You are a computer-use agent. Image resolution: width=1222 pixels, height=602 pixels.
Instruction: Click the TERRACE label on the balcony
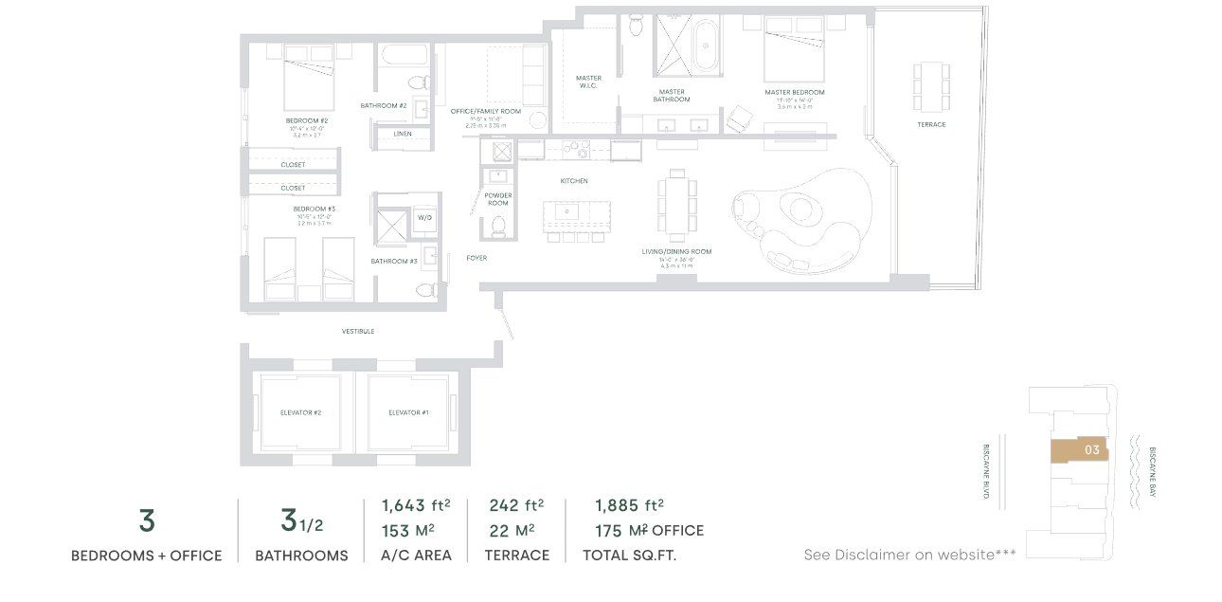click(930, 124)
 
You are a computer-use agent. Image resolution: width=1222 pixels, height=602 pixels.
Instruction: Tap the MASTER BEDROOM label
click(794, 92)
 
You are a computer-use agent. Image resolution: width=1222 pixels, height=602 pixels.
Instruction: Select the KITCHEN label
click(573, 180)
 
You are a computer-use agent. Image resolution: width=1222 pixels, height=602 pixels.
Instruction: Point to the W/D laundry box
click(425, 218)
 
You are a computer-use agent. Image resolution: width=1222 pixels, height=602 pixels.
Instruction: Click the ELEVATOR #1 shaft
click(408, 412)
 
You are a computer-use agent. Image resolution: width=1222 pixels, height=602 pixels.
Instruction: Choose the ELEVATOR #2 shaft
click(300, 412)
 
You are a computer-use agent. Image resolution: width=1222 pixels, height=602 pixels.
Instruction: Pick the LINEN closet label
click(403, 134)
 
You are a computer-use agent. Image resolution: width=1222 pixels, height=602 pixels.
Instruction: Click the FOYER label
click(476, 258)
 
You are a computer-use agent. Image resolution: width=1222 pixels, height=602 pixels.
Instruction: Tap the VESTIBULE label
click(358, 331)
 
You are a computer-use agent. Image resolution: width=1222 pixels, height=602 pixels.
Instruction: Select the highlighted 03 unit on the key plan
click(1079, 450)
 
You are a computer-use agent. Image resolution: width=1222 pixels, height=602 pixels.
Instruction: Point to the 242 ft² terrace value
click(515, 505)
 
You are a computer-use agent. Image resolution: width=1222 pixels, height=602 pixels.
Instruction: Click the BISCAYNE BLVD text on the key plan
click(986, 471)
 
